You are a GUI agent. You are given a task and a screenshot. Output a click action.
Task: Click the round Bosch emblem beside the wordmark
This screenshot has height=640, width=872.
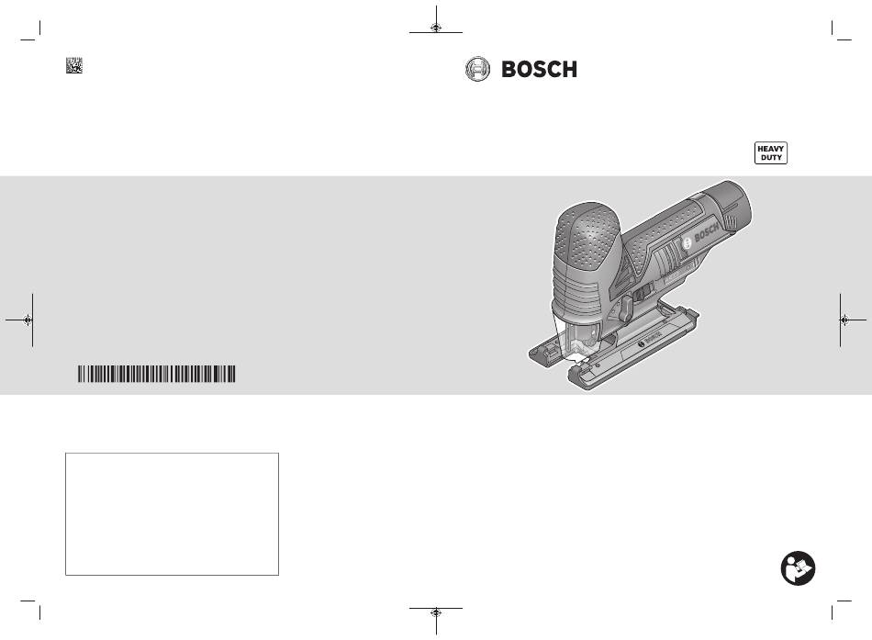pos(477,69)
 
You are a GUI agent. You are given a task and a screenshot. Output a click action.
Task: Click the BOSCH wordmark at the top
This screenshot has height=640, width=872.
pos(539,69)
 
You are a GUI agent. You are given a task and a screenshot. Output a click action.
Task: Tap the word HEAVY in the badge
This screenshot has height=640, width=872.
pos(771,149)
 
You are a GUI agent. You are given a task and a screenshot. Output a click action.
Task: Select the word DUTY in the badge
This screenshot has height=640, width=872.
pos(771,158)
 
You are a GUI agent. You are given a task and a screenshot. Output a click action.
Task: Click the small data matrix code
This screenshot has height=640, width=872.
pos(74,65)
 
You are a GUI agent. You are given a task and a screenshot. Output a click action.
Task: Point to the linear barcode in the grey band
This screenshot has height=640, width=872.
pos(156,374)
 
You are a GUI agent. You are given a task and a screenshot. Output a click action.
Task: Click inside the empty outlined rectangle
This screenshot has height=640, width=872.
pos(172,513)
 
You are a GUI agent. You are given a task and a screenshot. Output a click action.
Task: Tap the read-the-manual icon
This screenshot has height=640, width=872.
pos(798,568)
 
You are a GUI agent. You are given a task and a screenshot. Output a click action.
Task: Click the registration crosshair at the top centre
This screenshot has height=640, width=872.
pos(436,28)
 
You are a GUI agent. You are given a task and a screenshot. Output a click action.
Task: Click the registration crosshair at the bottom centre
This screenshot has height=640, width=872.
pos(436,612)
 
